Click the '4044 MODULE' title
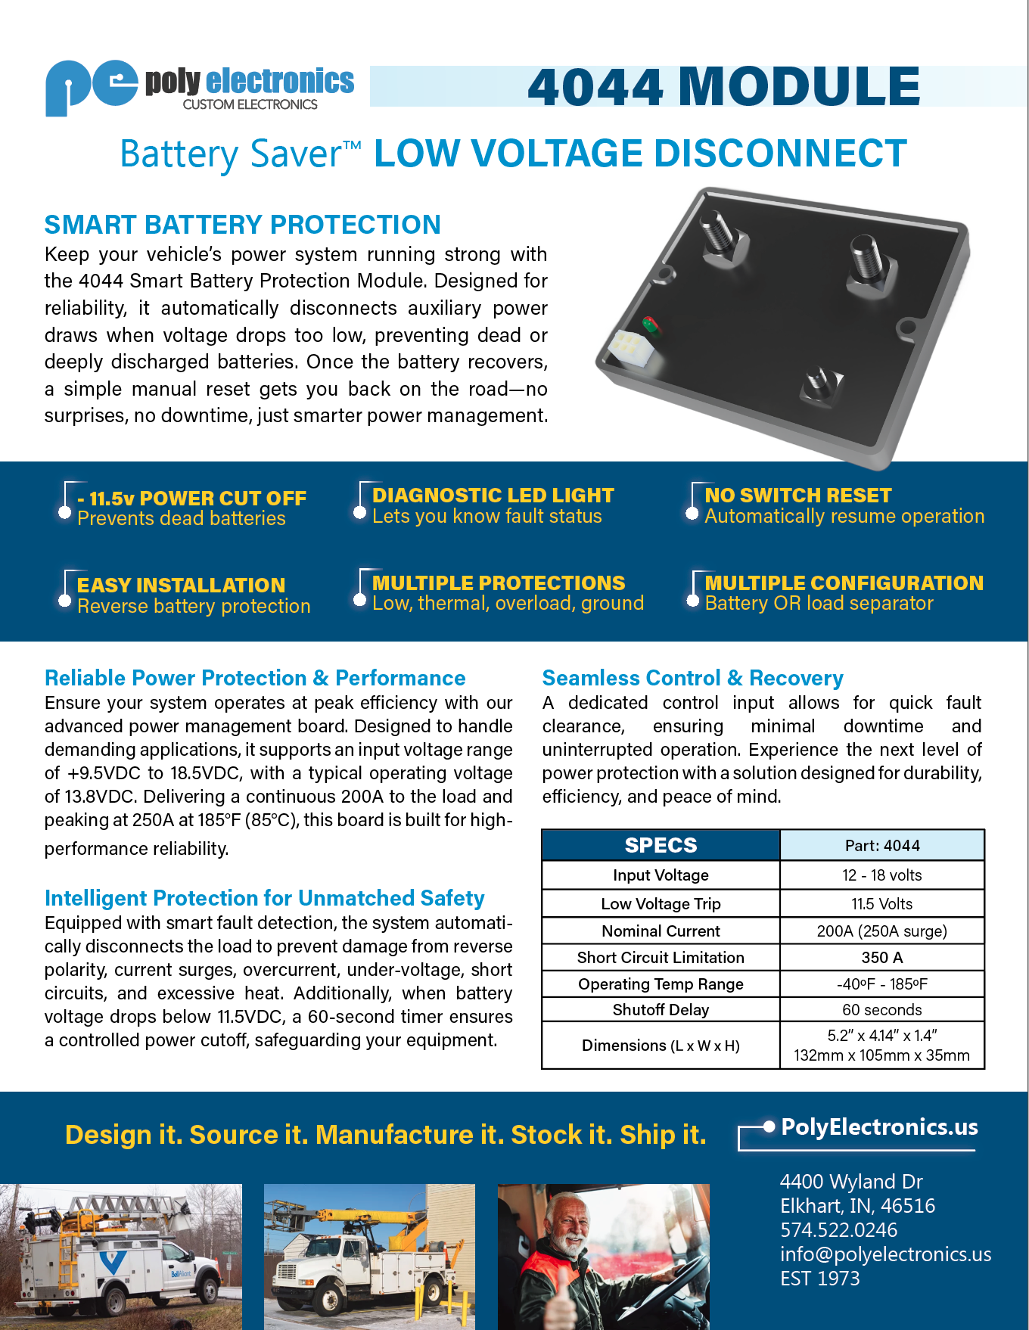723,86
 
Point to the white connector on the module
630,349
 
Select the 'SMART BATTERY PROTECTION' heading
242,225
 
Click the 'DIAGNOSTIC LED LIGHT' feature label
493,496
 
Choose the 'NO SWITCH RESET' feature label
797,496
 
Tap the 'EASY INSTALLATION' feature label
181,586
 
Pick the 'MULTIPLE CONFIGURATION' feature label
844,583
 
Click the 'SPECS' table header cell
661,845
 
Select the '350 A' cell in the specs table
881,958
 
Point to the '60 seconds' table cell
881,1010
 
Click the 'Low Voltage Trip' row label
661,904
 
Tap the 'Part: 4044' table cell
881,846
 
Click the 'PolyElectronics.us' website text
879,1127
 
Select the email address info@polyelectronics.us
885,1254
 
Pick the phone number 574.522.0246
838,1230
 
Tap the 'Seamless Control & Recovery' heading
692,678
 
